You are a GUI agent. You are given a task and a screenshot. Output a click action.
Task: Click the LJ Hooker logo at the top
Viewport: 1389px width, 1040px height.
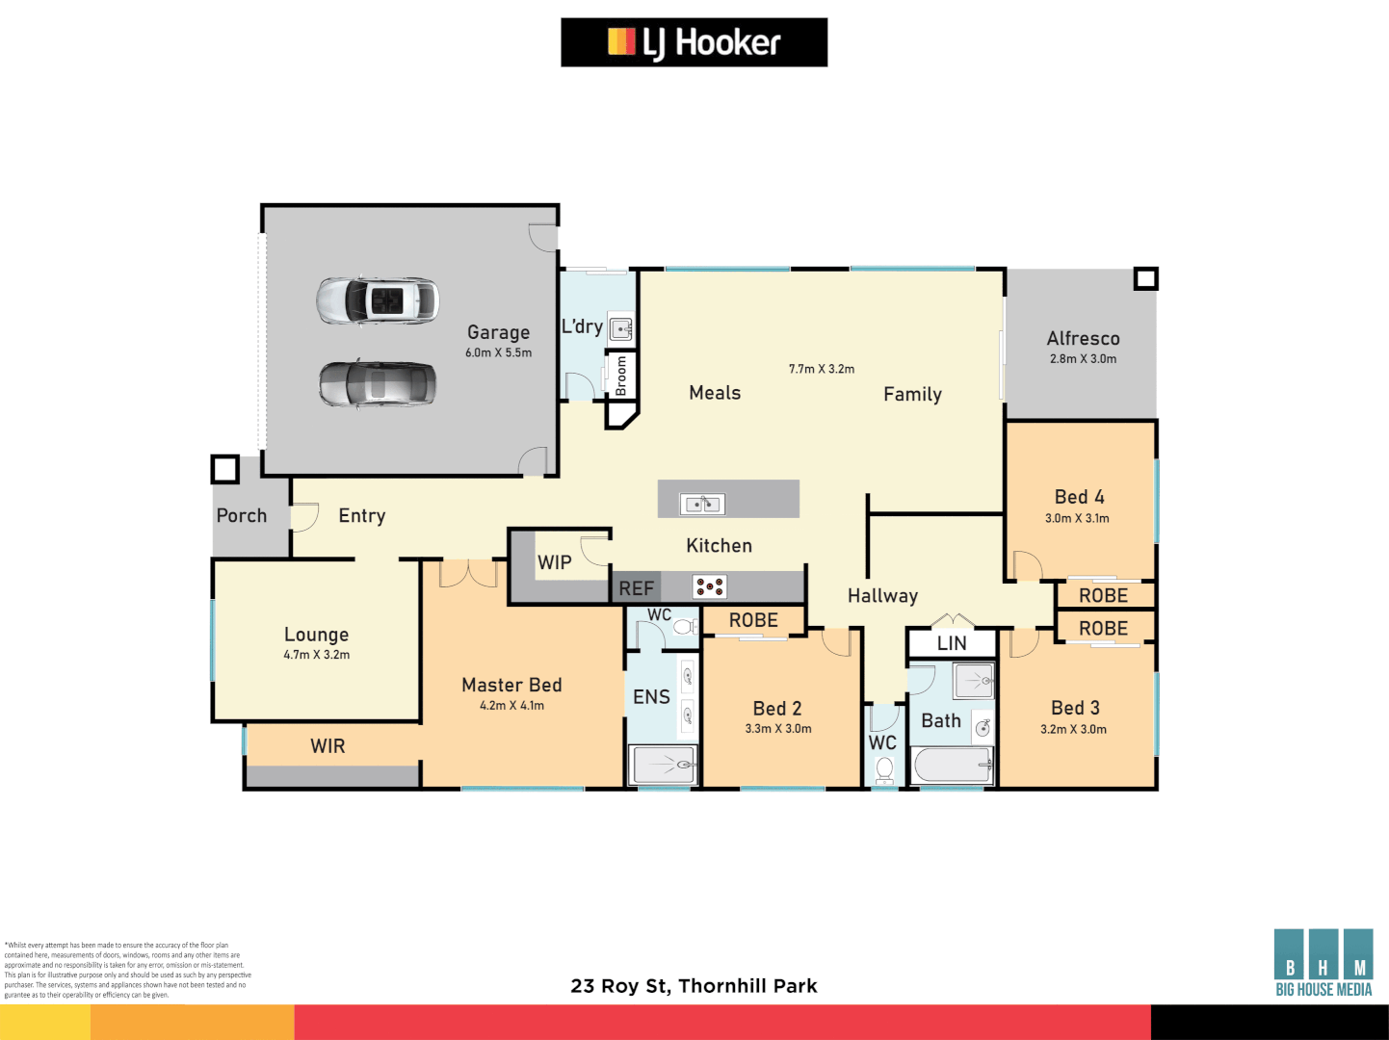click(694, 42)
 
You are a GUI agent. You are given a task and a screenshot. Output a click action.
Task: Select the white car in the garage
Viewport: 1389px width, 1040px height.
click(378, 301)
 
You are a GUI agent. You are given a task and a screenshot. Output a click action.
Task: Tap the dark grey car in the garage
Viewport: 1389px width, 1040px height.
click(378, 384)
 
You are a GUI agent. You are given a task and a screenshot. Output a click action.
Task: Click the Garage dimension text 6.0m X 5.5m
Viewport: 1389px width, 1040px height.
click(498, 353)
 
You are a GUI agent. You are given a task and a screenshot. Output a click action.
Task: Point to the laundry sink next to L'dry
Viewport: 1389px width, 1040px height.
click(621, 328)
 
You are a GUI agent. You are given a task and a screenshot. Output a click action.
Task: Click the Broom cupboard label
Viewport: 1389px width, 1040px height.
click(621, 376)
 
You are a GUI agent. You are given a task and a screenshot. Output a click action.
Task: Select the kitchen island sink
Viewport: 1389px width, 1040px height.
click(702, 504)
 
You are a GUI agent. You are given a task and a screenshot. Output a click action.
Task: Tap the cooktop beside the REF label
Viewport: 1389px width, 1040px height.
click(710, 586)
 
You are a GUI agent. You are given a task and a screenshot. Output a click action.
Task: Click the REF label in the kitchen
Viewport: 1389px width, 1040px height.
click(636, 588)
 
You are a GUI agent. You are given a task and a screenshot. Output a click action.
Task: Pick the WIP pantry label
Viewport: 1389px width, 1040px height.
click(554, 562)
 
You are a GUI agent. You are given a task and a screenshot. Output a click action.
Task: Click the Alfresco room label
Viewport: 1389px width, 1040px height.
click(1083, 339)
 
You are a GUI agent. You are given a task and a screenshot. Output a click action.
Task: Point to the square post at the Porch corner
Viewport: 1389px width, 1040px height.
click(224, 469)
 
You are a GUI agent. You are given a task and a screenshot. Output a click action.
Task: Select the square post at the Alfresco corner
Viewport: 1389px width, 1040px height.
click(1145, 279)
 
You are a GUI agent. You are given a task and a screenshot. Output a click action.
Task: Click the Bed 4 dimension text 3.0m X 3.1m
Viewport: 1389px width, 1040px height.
click(1077, 518)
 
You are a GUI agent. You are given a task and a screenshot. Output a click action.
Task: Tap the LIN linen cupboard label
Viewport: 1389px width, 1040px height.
click(952, 643)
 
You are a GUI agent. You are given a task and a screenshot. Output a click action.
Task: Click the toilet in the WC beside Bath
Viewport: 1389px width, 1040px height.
click(884, 769)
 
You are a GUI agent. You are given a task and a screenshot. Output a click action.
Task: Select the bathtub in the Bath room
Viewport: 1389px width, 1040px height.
click(953, 767)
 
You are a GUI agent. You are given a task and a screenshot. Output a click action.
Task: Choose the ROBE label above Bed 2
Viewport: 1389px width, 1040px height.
click(753, 621)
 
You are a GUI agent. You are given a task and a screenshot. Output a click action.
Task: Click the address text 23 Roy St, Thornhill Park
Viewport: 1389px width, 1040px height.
click(694, 986)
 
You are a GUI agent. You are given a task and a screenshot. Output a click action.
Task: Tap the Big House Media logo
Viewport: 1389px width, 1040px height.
click(1323, 963)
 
